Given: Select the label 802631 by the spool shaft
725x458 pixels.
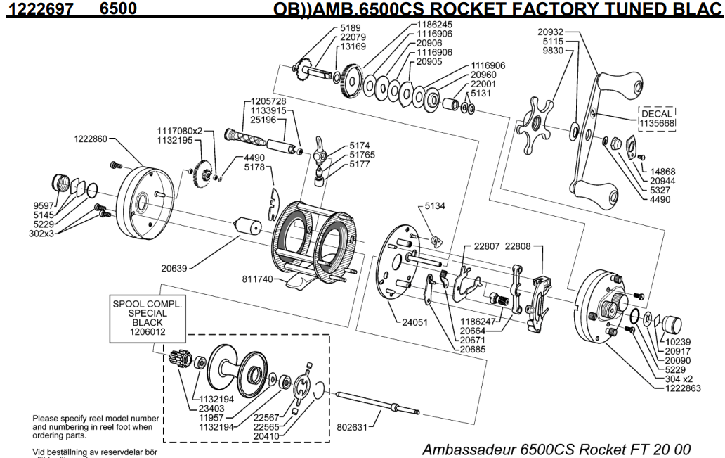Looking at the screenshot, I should coord(351,425).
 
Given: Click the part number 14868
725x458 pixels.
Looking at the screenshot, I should coord(664,171).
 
